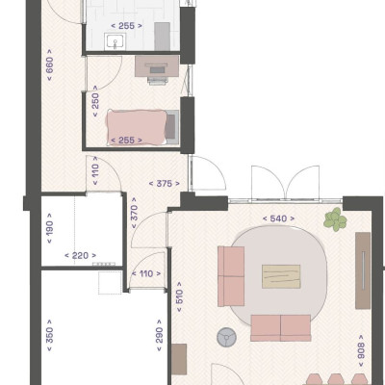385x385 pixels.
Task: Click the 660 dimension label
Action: click(50, 64)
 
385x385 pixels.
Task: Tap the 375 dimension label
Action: click(164, 184)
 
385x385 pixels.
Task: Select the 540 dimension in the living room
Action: click(278, 218)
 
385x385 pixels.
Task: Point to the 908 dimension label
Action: click(361, 350)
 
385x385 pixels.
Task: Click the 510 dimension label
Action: click(179, 296)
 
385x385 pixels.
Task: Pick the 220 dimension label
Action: click(80, 255)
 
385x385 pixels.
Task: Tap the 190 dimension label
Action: click(50, 228)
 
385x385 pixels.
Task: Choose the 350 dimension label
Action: click(50, 335)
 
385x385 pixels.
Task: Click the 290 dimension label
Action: click(159, 335)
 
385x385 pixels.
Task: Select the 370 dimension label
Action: click(134, 213)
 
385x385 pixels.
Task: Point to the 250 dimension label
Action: click(95, 101)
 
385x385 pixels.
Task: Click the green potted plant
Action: click(335, 219)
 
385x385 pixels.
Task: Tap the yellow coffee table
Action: click(281, 276)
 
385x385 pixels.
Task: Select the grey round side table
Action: click(226, 337)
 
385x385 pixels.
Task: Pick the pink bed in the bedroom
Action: click(137, 127)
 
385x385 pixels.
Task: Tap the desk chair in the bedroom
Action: click(158, 80)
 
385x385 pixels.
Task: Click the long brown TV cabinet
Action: click(363, 270)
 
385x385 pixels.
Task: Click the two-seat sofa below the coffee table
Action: click(281, 328)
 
